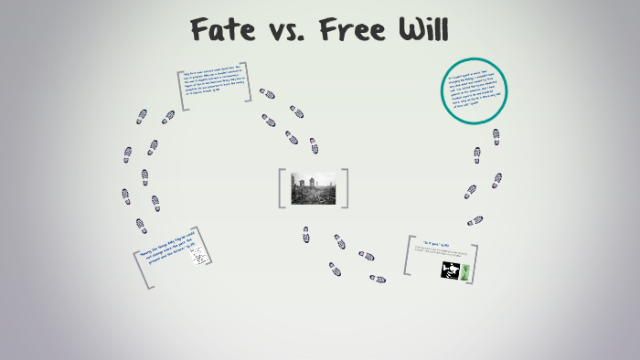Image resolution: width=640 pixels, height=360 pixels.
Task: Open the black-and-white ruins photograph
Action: coord(312,187)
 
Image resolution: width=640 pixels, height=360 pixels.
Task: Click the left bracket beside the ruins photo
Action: coord(283,187)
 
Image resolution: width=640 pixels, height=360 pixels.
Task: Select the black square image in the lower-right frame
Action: coord(451,270)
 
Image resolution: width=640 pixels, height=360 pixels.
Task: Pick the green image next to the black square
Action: coord(466,270)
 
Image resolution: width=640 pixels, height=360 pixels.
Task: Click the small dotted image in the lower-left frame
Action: coord(199,256)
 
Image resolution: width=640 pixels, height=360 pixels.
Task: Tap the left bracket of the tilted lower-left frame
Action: coord(143,271)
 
